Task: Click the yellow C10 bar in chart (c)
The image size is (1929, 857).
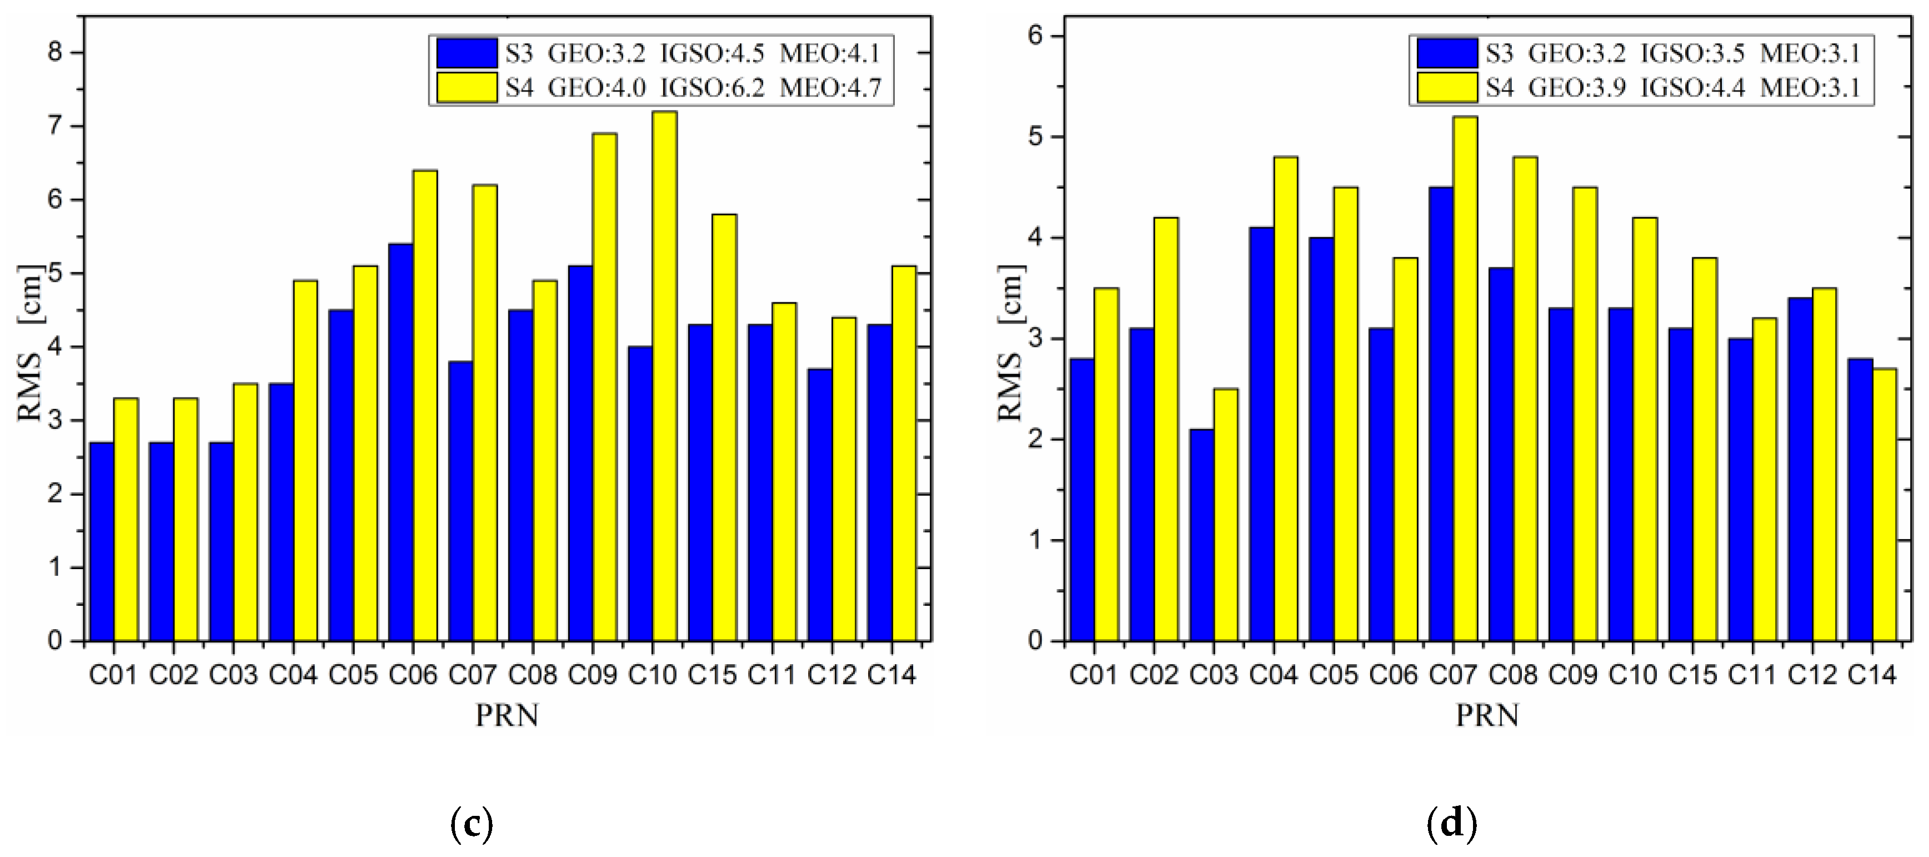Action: click(664, 375)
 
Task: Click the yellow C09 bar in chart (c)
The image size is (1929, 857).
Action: click(604, 386)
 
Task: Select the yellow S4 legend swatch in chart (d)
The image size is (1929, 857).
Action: click(1447, 88)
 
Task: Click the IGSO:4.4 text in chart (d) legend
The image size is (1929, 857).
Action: click(1692, 88)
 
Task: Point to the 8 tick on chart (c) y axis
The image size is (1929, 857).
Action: click(57, 52)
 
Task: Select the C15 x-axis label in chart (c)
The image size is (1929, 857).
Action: click(712, 675)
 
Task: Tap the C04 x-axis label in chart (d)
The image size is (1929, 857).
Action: click(1273, 675)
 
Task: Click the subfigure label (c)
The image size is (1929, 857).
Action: click(472, 825)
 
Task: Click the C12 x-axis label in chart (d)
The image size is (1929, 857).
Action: click(1812, 675)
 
